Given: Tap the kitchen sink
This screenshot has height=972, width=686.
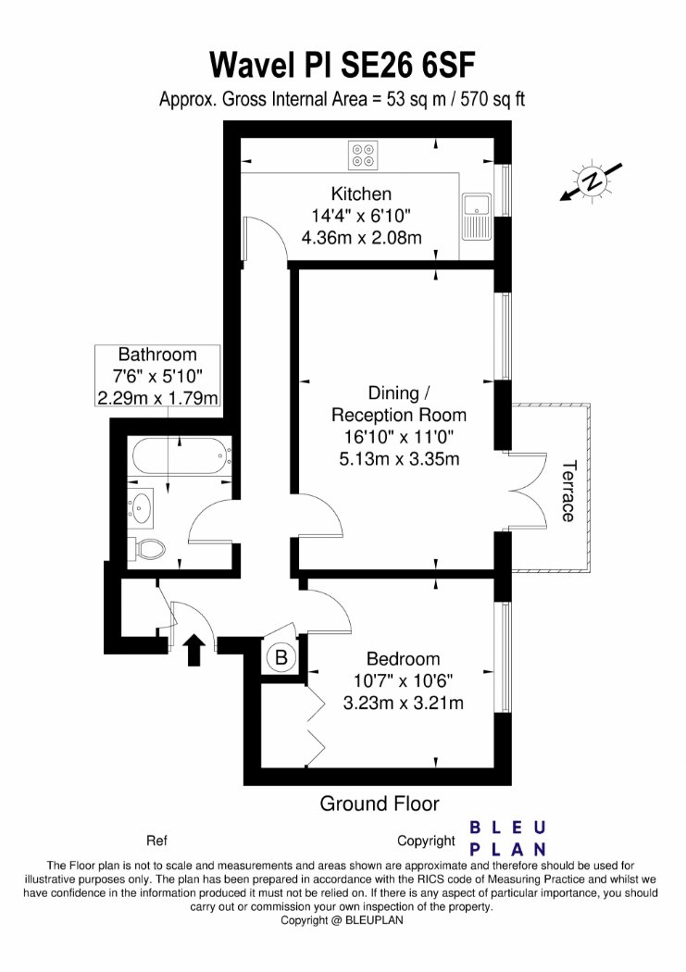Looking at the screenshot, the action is pyautogui.click(x=477, y=217).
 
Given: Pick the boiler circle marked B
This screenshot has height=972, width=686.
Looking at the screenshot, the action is pyautogui.click(x=281, y=657).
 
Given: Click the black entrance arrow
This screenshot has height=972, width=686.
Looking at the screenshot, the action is pyautogui.click(x=196, y=650).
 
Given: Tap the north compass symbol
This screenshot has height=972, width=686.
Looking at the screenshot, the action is pyautogui.click(x=592, y=181).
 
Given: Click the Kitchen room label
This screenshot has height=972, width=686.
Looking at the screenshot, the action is pyautogui.click(x=361, y=194).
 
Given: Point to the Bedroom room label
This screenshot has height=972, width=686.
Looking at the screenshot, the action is pyautogui.click(x=403, y=658).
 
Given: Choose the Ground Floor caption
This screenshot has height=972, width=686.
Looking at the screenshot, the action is pyautogui.click(x=380, y=804).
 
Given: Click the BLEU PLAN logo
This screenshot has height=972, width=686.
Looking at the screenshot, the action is pyautogui.click(x=507, y=838).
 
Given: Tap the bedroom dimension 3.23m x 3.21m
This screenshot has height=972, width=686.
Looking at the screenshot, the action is pyautogui.click(x=404, y=703).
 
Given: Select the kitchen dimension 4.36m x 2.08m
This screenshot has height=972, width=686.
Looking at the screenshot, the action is pyautogui.click(x=361, y=237).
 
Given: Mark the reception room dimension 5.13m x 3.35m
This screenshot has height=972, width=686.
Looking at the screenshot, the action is pyautogui.click(x=399, y=459).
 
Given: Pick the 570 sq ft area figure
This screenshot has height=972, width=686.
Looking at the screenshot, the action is pyautogui.click(x=493, y=99).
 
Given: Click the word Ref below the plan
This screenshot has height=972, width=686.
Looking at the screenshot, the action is pyautogui.click(x=156, y=841).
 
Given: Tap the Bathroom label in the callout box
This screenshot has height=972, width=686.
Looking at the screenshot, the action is pyautogui.click(x=157, y=355).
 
